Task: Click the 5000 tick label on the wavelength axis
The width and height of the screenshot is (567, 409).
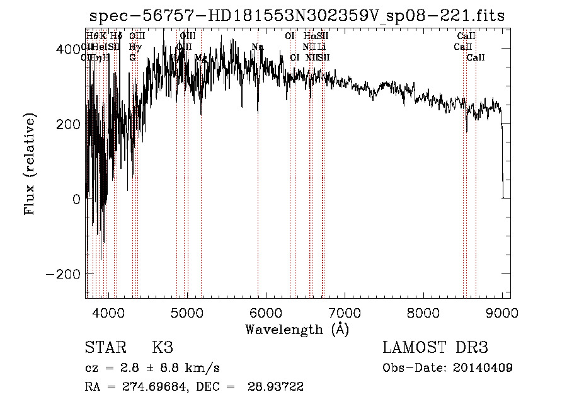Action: [x=186, y=313]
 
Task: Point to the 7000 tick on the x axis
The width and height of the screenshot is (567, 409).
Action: [x=344, y=313]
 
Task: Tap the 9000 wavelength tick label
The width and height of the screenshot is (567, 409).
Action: [x=501, y=313]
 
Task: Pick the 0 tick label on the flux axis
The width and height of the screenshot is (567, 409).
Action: [x=76, y=199]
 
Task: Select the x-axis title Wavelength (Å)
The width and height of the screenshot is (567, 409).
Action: [x=297, y=329]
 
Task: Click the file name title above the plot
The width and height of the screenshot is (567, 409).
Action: [x=297, y=16]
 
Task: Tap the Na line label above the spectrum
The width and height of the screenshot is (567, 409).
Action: [x=257, y=47]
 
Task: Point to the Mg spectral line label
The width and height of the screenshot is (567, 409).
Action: [x=201, y=58]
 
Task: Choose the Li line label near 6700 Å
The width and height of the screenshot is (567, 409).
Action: [x=321, y=47]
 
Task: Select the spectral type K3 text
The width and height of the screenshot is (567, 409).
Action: [x=163, y=348]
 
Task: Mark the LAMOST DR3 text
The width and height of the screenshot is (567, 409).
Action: [x=435, y=348]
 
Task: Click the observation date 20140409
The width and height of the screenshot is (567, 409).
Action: [x=483, y=367]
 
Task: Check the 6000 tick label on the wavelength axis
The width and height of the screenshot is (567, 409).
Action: [x=265, y=313]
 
